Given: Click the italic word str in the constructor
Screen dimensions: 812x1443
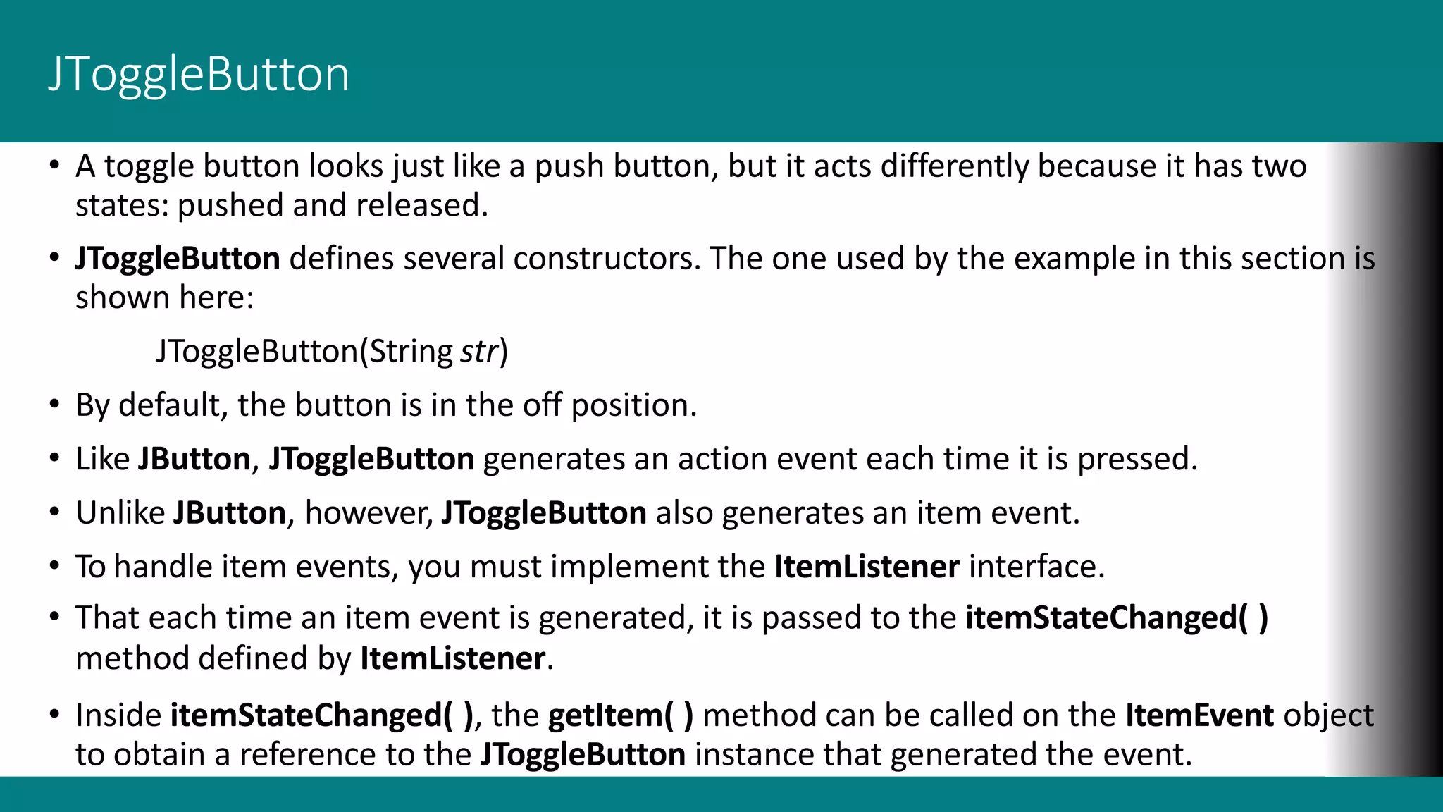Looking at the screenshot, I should pos(478,351).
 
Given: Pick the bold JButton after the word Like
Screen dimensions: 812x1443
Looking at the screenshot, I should pos(194,459).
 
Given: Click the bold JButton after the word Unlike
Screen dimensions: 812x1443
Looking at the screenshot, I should pos(230,512).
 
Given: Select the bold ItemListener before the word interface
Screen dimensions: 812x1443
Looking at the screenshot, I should pos(867,567).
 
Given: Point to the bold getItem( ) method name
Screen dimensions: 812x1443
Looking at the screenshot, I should pos(621,715).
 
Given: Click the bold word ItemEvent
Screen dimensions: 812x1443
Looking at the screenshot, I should pos(1199,715).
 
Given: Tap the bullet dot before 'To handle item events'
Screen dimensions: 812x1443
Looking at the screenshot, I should pos(54,566).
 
